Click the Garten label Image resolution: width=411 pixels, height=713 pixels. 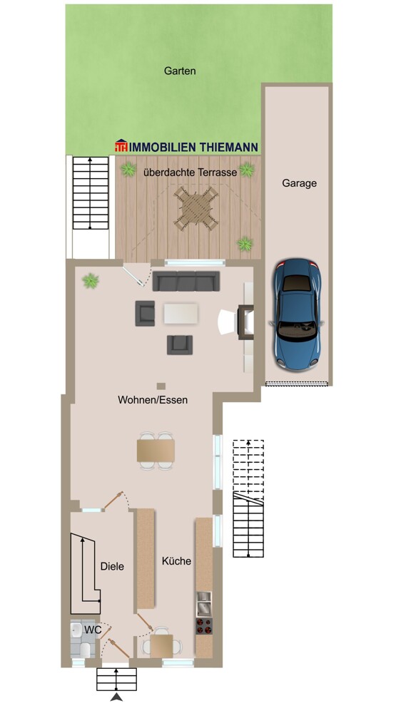click(x=180, y=71)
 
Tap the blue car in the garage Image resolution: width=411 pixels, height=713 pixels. click(x=297, y=314)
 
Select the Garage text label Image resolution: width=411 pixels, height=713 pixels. click(x=299, y=183)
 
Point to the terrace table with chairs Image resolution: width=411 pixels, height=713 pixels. click(x=196, y=209)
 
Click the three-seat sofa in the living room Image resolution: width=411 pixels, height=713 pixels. click(x=186, y=281)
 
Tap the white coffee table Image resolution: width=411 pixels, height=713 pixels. click(x=181, y=313)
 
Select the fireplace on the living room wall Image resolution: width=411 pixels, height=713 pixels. click(x=245, y=322)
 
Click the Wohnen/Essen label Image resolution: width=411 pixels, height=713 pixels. click(x=153, y=400)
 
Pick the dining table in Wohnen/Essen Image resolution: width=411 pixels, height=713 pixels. click(x=156, y=451)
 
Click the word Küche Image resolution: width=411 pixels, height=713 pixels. click(x=176, y=561)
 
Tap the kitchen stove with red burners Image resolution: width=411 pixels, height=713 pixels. click(x=204, y=626)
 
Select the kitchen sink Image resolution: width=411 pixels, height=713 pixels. click(x=204, y=603)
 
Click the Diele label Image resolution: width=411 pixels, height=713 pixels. click(x=112, y=567)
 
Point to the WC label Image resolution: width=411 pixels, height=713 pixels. click(x=93, y=630)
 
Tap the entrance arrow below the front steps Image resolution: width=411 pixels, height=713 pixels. click(x=116, y=697)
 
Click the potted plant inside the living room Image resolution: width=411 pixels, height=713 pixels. click(x=91, y=280)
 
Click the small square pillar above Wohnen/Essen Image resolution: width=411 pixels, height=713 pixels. click(x=161, y=386)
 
